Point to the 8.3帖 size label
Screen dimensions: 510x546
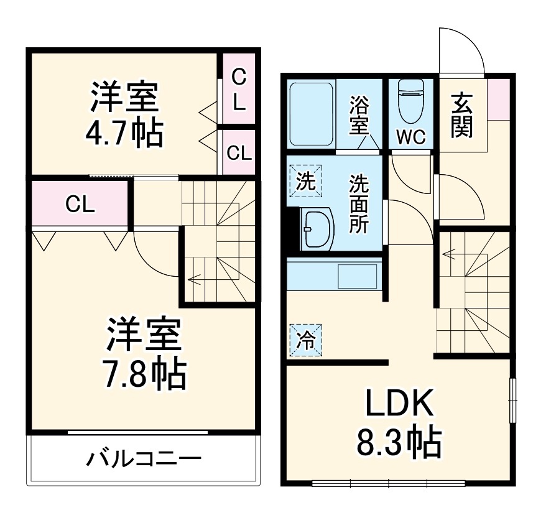tap(399, 443)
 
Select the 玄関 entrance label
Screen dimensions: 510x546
tap(462, 115)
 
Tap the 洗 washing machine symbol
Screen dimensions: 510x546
tap(305, 182)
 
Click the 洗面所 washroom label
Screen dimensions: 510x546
tap(358, 204)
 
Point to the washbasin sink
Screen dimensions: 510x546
tap(317, 228)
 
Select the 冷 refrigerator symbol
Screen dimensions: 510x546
tap(305, 340)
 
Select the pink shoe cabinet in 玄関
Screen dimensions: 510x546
tap(498, 99)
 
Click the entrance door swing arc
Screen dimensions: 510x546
tap(461, 47)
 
